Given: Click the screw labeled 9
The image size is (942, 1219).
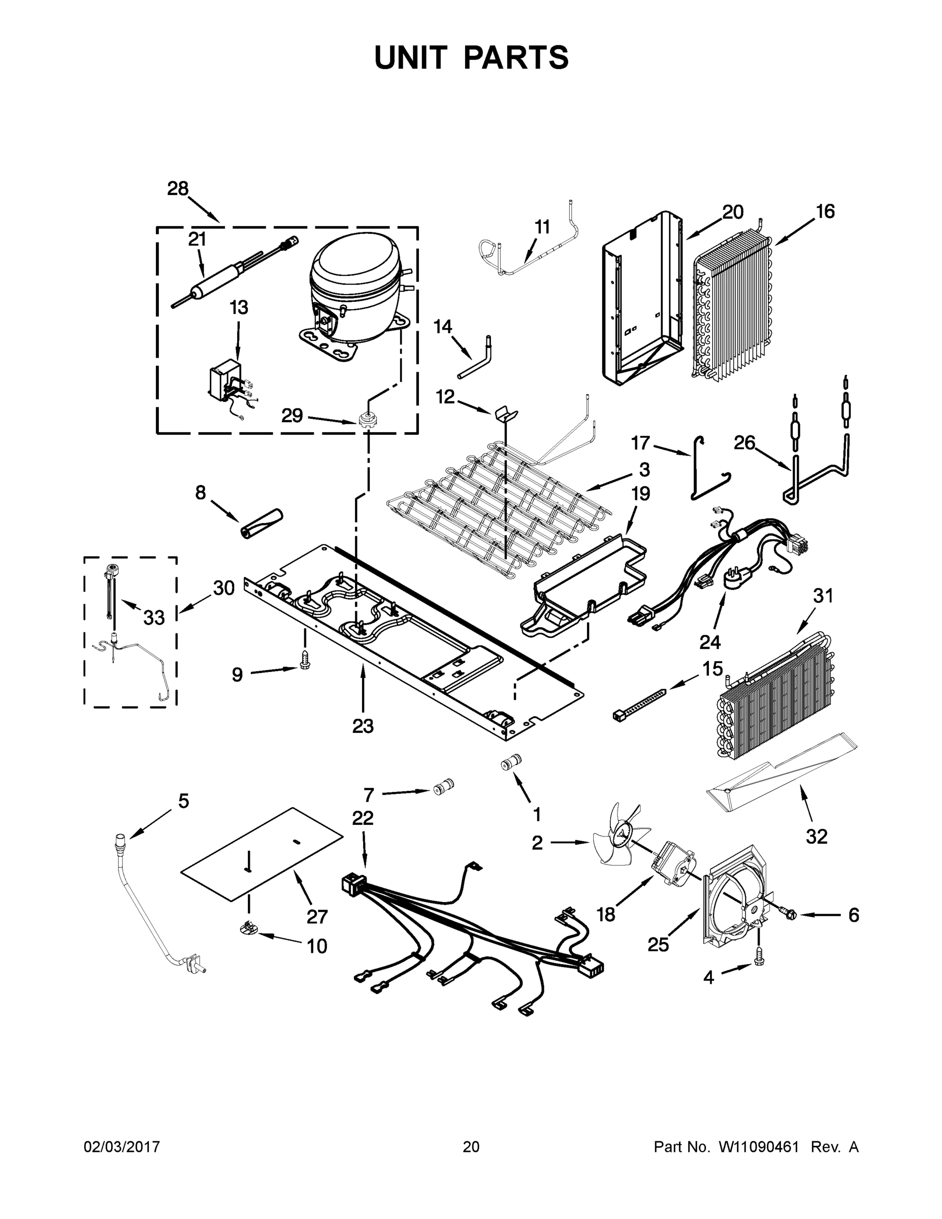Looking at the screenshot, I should (x=305, y=659).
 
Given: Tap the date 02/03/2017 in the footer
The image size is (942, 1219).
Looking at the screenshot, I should (x=122, y=1146).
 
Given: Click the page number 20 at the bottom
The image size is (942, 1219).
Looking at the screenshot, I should (x=471, y=1146).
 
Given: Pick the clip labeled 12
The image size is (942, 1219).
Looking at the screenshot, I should (x=506, y=413).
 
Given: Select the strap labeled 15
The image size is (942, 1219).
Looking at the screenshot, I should (x=639, y=704).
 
